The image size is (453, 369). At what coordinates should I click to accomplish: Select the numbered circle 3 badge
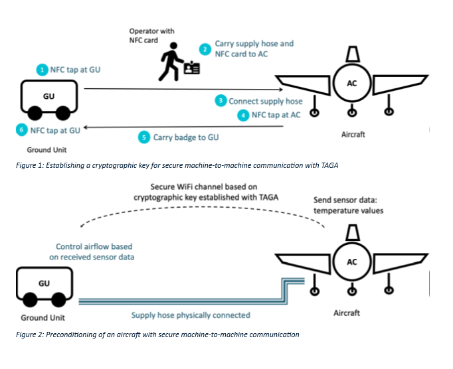[x=221, y=101]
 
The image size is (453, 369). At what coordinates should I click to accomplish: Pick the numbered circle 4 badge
[x=244, y=115]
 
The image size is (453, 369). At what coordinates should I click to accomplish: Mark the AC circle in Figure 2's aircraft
[x=351, y=261]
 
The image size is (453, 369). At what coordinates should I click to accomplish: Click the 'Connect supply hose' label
[x=266, y=101]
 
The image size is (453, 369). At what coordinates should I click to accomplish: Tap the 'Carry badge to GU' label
[x=186, y=137]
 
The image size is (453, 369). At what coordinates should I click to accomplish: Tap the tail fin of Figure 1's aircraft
[x=351, y=53]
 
